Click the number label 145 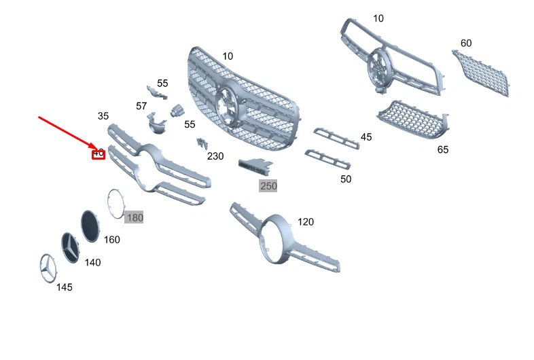[x=64, y=287]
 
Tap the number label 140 [x=92, y=262]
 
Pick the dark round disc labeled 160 [x=90, y=224]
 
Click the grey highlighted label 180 [x=134, y=217]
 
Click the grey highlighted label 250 [x=268, y=185]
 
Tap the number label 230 [x=215, y=156]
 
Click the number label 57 [x=141, y=106]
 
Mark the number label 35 [x=103, y=116]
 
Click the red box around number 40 [x=99, y=154]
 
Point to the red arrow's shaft [x=65, y=130]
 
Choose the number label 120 [x=306, y=222]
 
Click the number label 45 [x=366, y=137]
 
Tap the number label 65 [x=442, y=149]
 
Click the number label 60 [x=466, y=43]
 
